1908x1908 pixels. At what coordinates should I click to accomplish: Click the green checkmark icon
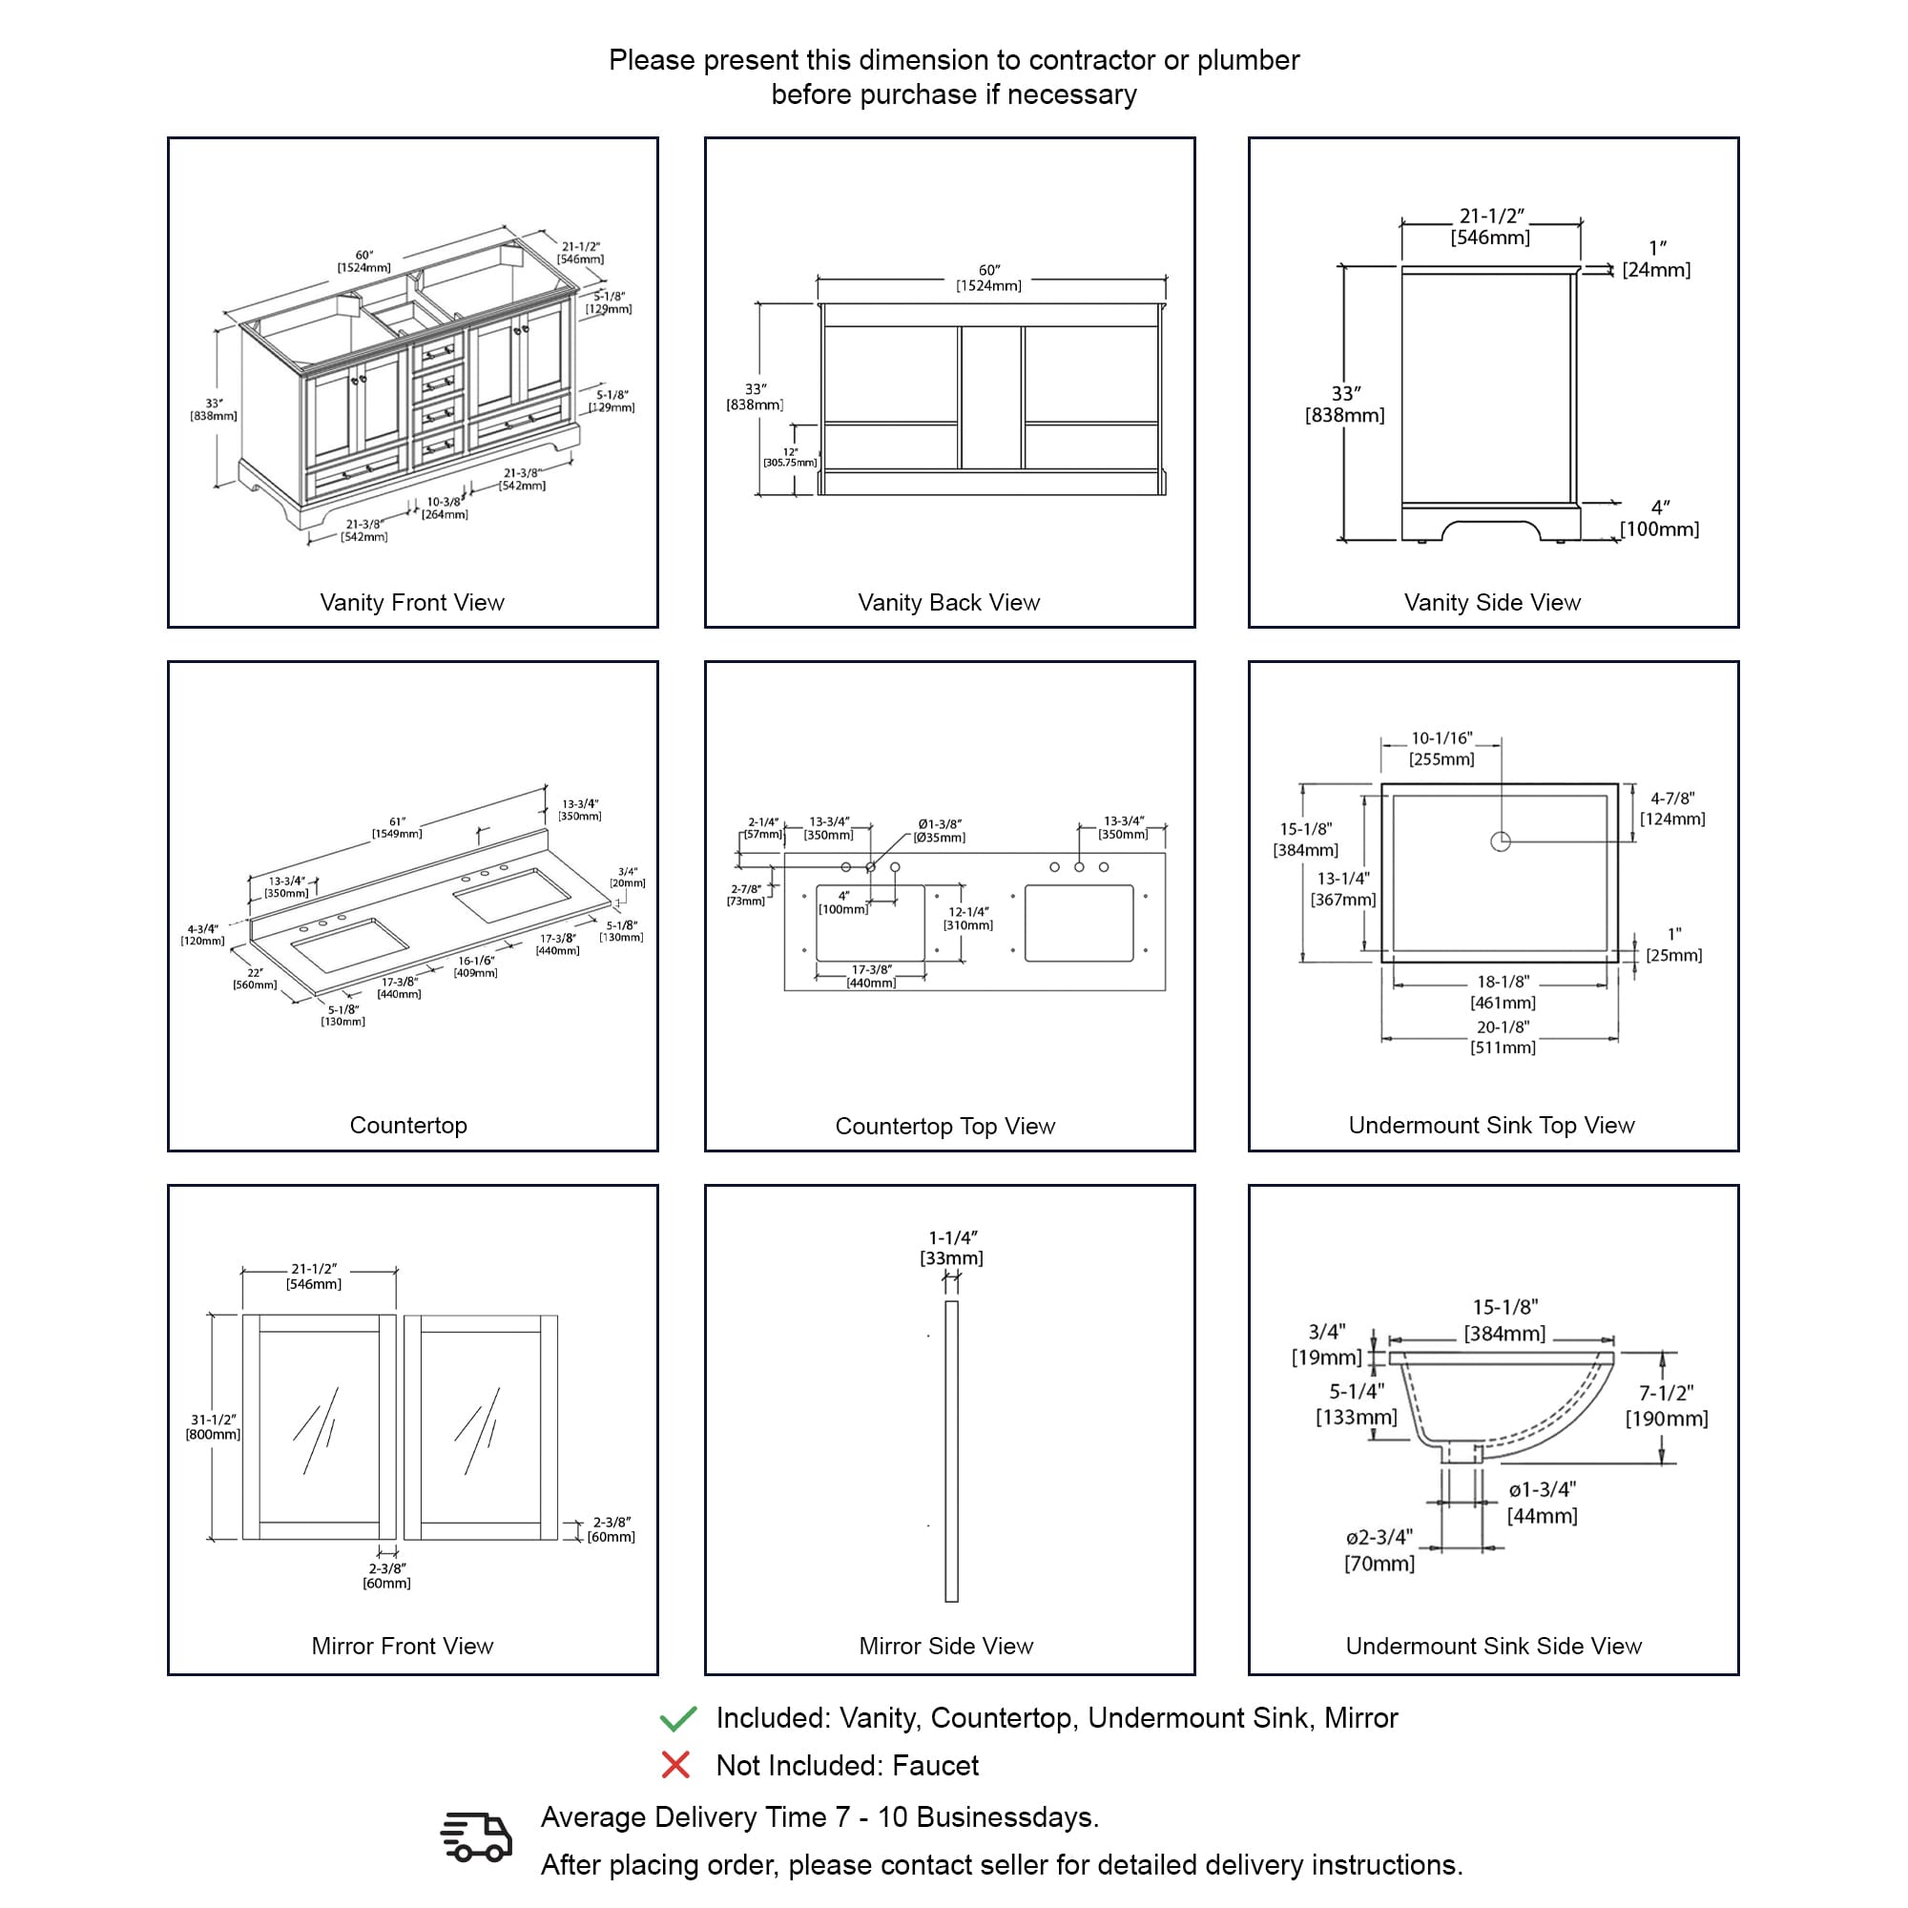click(677, 1719)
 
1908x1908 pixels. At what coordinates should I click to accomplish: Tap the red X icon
click(675, 1765)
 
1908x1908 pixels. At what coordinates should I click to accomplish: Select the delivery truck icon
click(476, 1836)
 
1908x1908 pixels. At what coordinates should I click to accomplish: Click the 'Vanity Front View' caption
click(412, 602)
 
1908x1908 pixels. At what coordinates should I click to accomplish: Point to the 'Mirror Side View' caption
click(946, 1647)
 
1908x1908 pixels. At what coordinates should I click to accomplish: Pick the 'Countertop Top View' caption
click(945, 1126)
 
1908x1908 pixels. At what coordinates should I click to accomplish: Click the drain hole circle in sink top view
click(1500, 841)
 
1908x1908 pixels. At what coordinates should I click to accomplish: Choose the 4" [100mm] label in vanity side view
click(1660, 518)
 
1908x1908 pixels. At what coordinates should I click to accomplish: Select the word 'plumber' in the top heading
click(1248, 60)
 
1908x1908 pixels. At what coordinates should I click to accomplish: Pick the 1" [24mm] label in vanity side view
click(1656, 259)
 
